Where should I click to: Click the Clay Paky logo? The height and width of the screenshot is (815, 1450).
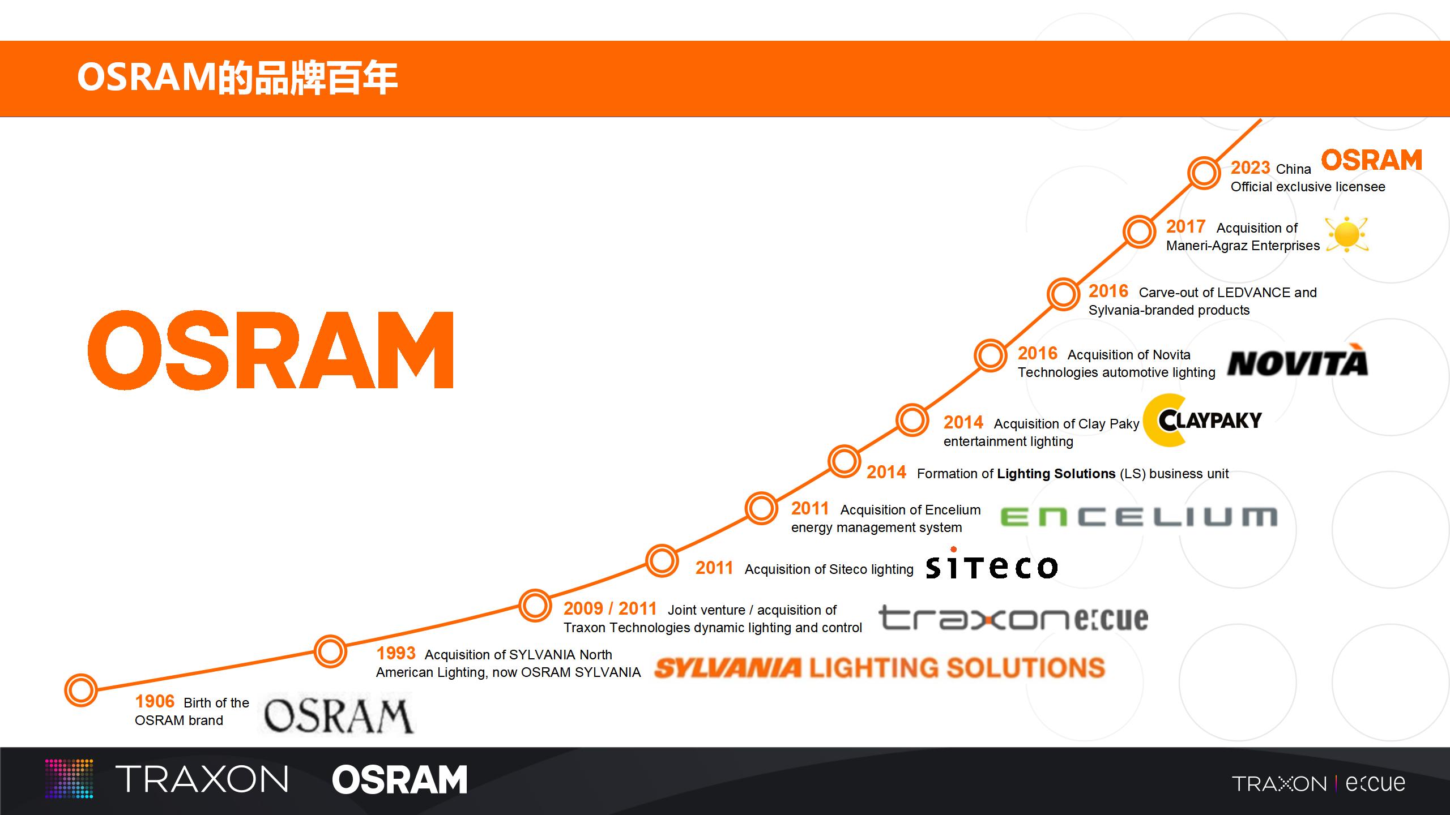1202,421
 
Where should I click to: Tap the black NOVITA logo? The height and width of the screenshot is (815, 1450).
1298,361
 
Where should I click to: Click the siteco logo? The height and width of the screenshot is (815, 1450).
992,564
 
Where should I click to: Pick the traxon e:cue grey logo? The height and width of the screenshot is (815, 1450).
1013,618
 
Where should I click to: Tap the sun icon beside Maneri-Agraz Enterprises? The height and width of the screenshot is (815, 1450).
1347,234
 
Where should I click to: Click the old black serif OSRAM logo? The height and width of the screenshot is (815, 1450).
338,715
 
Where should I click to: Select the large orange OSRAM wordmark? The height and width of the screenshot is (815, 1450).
271,350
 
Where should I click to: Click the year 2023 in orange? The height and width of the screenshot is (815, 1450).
1251,168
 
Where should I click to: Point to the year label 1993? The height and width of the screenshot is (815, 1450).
396,653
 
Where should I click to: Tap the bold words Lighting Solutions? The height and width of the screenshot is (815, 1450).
1056,474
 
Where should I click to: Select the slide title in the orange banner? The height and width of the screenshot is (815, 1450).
237,78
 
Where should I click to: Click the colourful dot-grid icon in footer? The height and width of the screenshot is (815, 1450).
69,779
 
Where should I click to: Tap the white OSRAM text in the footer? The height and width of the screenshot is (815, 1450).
399,780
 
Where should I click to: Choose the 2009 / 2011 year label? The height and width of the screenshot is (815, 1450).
610,608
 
